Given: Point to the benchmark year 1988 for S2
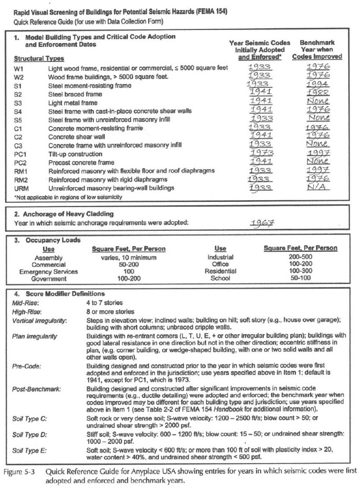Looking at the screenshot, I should [317, 93].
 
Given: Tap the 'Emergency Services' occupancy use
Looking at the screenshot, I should [48, 272].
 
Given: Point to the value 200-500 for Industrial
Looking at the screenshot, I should [300, 257].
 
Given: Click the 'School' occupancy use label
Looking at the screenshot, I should [220, 279].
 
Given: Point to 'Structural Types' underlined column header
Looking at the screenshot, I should [39, 58].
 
